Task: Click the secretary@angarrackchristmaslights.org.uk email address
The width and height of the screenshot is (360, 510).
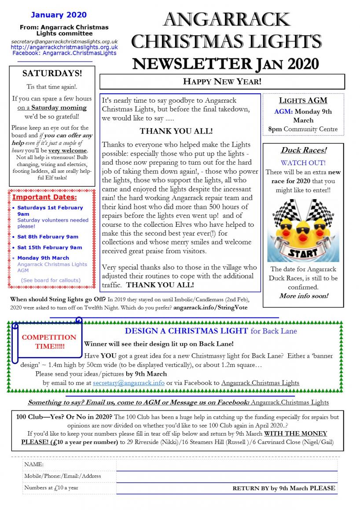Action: [x=64, y=41]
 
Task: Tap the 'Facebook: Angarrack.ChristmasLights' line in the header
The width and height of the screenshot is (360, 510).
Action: [x=64, y=53]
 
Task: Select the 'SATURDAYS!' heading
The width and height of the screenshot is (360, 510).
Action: [x=52, y=73]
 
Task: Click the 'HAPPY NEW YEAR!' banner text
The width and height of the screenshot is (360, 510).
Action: [x=222, y=81]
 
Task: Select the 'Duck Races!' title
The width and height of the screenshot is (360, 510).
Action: [x=303, y=150]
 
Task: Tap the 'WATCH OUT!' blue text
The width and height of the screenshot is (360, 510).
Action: [x=303, y=163]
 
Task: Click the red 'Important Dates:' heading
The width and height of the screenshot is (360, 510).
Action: [x=44, y=197]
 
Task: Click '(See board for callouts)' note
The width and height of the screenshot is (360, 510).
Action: [x=51, y=280]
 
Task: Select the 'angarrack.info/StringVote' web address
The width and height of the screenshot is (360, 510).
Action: [x=210, y=308]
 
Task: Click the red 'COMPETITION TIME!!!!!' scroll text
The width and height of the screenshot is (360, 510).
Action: [x=49, y=341]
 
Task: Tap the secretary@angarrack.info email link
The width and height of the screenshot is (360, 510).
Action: [x=129, y=383]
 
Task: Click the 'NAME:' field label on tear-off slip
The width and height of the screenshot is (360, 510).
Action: [x=34, y=464]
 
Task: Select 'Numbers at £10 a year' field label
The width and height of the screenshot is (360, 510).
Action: [x=51, y=488]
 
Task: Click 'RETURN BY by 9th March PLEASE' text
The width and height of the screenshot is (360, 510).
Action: [x=283, y=488]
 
